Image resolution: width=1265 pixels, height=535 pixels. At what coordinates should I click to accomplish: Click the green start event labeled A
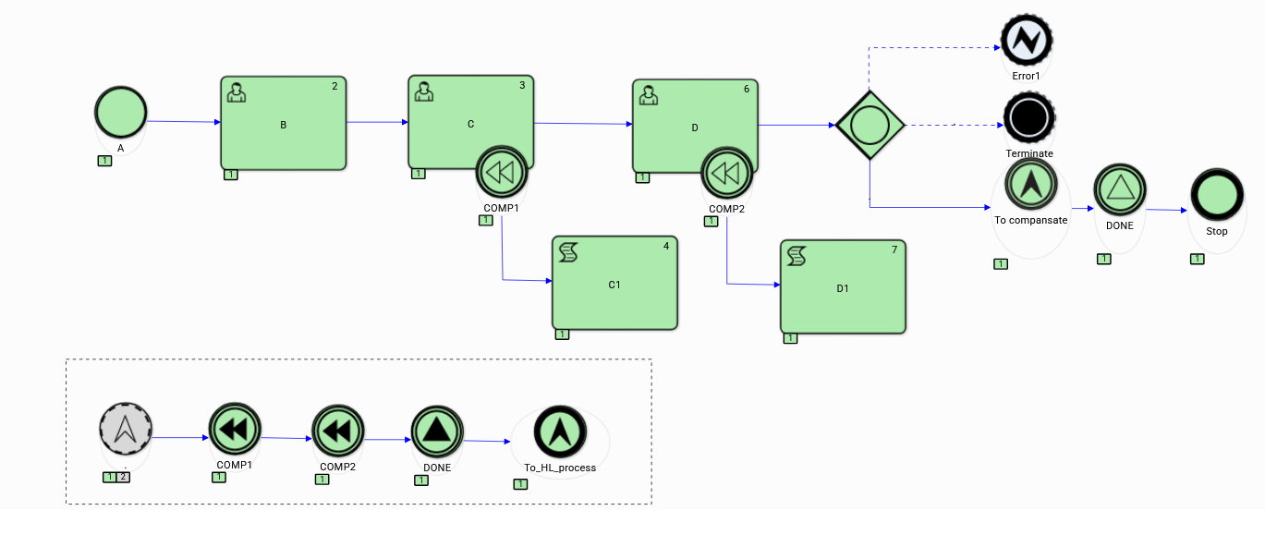[x=120, y=113]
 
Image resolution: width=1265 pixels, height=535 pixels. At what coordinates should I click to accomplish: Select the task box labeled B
[x=283, y=123]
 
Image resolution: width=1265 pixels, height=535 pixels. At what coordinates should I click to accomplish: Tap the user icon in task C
[x=424, y=91]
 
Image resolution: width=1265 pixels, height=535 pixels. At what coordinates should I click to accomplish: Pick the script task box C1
[x=614, y=283]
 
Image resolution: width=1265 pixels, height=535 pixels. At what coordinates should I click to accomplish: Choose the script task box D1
[x=843, y=287]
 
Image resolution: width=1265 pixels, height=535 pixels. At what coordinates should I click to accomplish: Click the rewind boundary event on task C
[x=502, y=173]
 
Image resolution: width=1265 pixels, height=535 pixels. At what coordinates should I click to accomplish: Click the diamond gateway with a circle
[x=870, y=125]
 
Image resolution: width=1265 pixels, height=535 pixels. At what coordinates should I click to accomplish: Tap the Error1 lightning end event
[x=1027, y=40]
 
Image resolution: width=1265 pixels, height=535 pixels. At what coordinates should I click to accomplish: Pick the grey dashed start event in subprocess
[x=126, y=431]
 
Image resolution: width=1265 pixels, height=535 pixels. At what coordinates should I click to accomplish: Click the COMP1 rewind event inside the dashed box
[x=235, y=430]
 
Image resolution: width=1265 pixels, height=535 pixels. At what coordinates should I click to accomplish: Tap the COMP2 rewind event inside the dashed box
[x=338, y=432]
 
